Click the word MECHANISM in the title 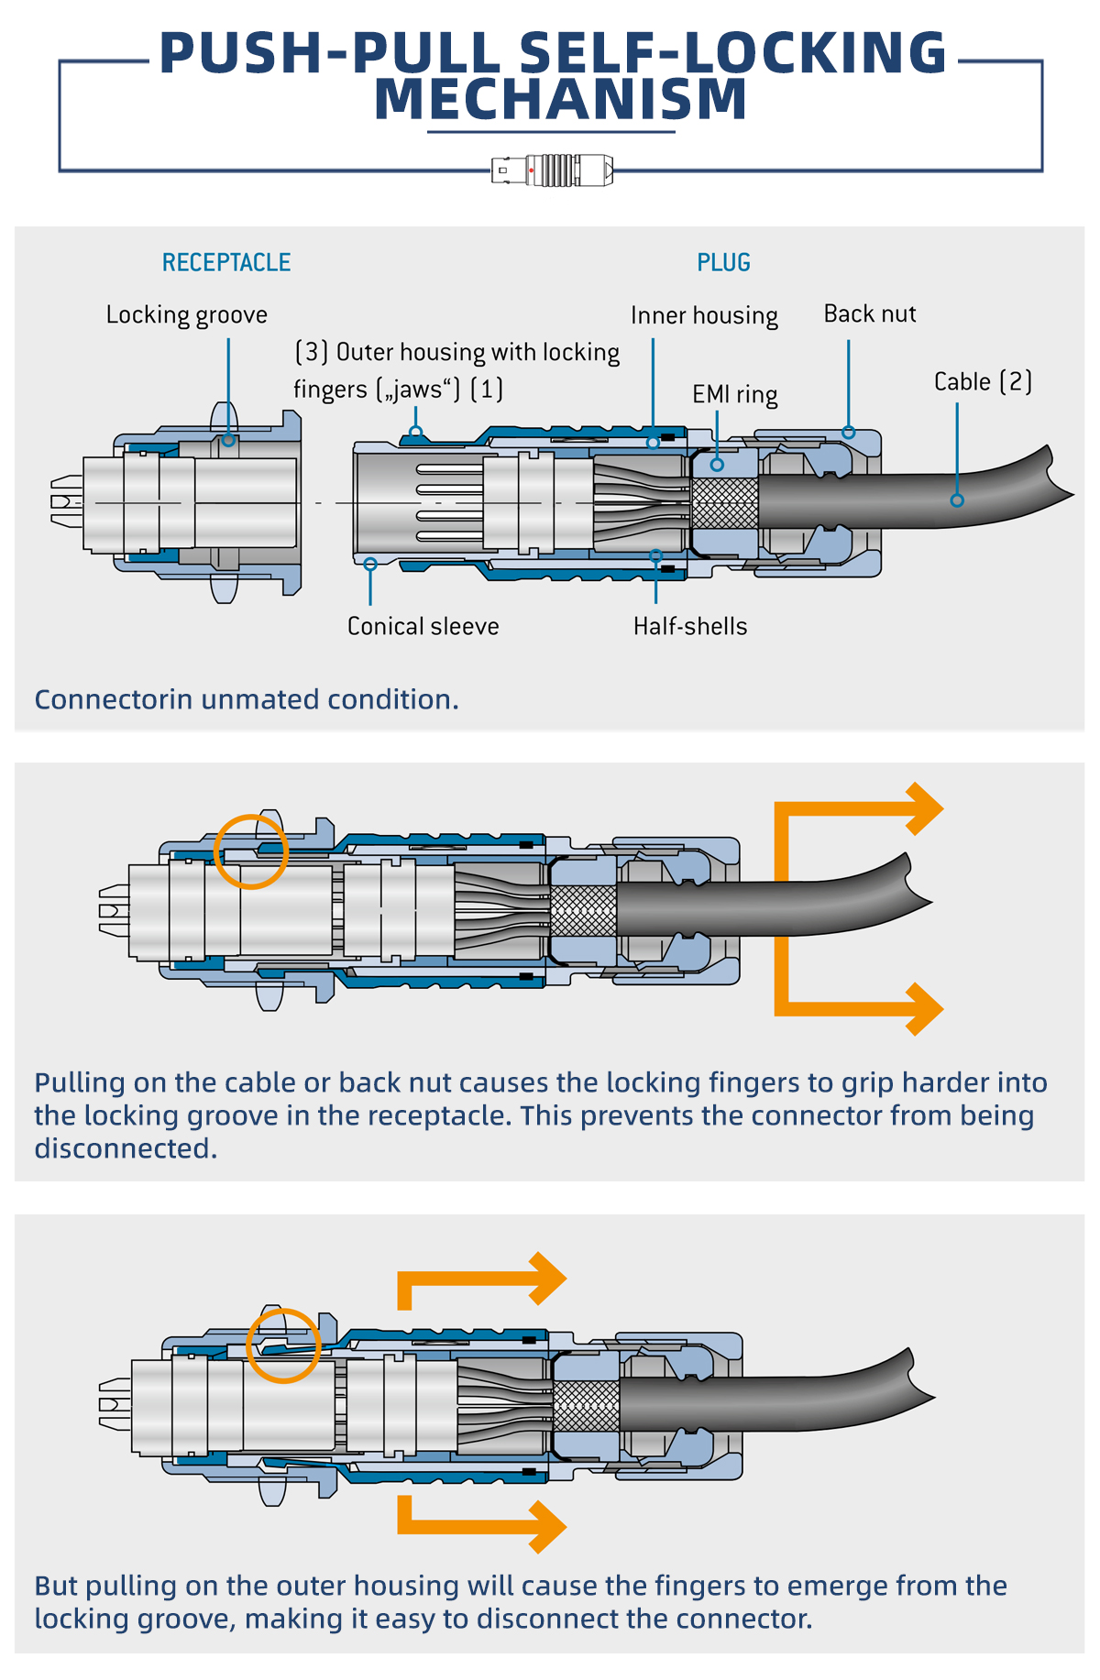561,99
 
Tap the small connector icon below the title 553,170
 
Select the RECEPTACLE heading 226,263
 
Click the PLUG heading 723,263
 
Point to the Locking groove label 187,315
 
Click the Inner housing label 704,316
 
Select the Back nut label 870,314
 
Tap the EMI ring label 734,395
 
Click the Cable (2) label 983,382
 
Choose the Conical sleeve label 423,627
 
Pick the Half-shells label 690,627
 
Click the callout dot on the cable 957,500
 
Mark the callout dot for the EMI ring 717,465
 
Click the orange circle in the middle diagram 251,851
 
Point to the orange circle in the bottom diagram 284,1345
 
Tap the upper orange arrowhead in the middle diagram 924,808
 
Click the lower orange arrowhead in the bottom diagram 548,1527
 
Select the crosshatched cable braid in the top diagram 724,503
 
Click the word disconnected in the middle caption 126,1148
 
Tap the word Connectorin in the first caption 114,700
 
